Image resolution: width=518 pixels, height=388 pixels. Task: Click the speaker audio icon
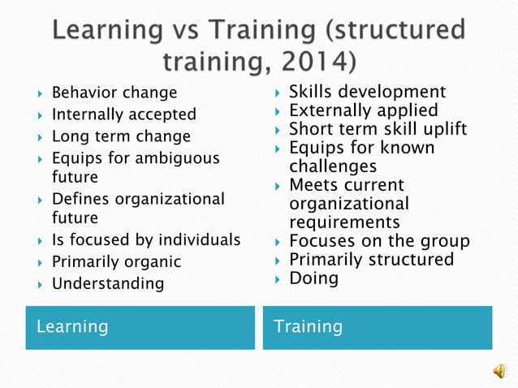click(x=499, y=370)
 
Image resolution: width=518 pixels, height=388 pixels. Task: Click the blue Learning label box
click(x=140, y=327)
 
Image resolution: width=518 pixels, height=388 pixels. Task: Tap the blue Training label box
click(x=377, y=327)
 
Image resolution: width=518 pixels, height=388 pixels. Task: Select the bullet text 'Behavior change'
click(x=114, y=93)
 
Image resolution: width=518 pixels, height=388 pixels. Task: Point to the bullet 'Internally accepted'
click(x=123, y=114)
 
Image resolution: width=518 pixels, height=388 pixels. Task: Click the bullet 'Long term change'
click(x=121, y=136)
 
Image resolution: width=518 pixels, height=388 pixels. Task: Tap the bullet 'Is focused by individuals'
click(x=146, y=239)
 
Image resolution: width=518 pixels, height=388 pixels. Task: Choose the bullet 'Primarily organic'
click(x=116, y=261)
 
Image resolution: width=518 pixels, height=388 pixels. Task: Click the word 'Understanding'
click(x=107, y=283)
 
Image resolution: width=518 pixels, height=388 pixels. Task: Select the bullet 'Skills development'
click(x=367, y=92)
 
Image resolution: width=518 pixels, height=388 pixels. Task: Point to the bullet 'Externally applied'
click(x=363, y=110)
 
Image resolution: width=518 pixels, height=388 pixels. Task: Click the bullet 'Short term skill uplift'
click(x=378, y=129)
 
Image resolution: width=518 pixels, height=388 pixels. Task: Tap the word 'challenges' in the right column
click(x=333, y=166)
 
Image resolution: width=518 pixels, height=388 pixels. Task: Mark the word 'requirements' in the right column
click(x=344, y=222)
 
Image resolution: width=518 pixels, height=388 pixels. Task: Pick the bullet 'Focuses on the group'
click(x=379, y=241)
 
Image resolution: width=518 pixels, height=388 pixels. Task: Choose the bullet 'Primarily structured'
click(x=371, y=260)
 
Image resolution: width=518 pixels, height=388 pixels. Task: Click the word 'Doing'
click(x=313, y=278)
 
